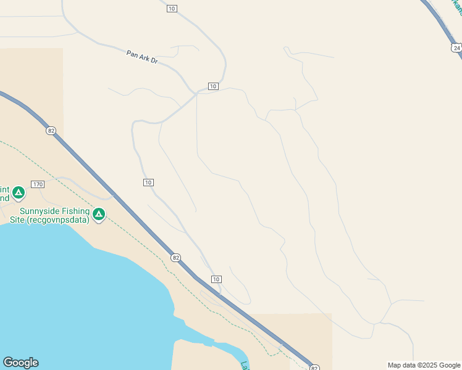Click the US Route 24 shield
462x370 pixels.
coord(456,47)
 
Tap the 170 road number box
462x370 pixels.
coord(38,184)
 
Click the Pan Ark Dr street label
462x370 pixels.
coord(142,57)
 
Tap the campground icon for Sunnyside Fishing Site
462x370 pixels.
coord(98,215)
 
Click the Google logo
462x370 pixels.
coord(20,363)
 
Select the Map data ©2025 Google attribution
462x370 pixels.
coord(424,365)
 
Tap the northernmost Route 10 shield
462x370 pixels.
coord(172,8)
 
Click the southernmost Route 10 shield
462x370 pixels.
coord(216,279)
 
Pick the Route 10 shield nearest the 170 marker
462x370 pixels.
coord(148,183)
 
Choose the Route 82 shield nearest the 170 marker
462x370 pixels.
coord(51,131)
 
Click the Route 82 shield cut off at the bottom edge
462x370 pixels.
coord(314,367)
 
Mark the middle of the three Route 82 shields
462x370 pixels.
coord(176,257)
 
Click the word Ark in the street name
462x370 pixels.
coord(141,57)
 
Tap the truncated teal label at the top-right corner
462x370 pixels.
coord(456,7)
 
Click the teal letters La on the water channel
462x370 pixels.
coord(245,366)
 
